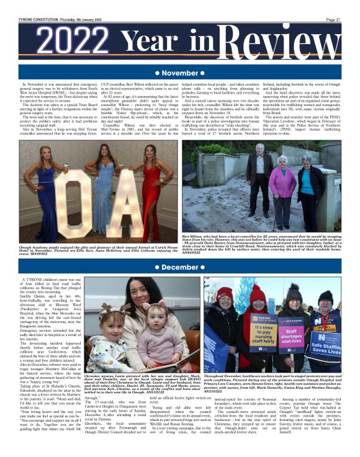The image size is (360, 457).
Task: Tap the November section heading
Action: coord(179,73)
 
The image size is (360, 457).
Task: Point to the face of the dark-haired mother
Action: coord(138,296)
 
